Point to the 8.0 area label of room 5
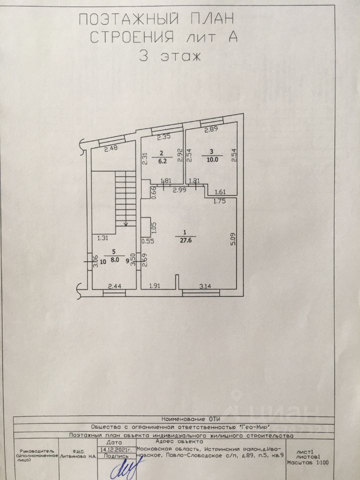tap(115, 260)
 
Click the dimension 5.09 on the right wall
tap(232, 237)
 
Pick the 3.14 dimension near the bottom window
tap(206, 286)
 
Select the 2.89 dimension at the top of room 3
tap(211, 129)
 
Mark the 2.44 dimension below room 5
tap(114, 286)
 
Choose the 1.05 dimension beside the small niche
tap(154, 227)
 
